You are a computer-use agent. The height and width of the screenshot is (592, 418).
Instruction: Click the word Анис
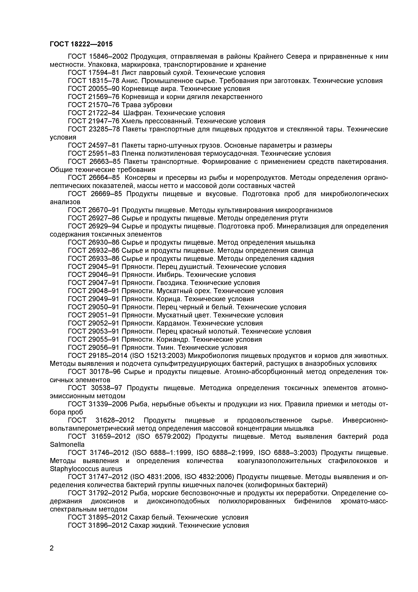(130, 81)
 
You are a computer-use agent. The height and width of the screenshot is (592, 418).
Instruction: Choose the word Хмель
(131, 121)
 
